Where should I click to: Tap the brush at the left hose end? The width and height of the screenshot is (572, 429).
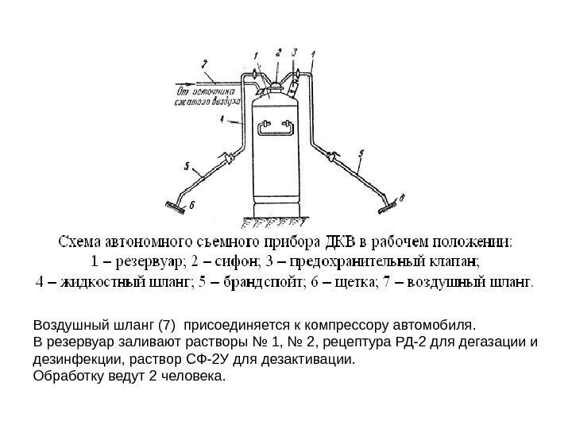172,206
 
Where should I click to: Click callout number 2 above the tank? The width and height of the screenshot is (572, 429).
278,52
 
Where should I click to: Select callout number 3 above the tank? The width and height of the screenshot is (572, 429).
295,52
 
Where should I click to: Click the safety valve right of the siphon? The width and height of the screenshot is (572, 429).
297,78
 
